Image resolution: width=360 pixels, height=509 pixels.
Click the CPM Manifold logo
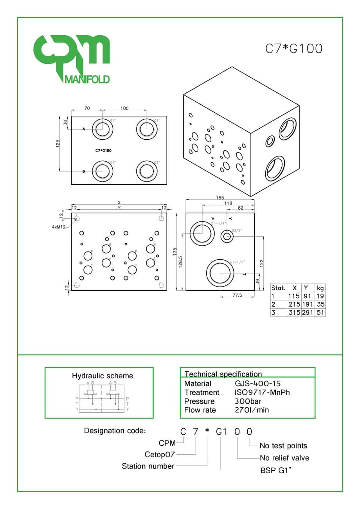pyautogui.click(x=71, y=59)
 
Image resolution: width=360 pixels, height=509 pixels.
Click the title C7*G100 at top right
pyautogui.click(x=294, y=49)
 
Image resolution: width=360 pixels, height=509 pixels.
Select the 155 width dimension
pyautogui.click(x=220, y=198)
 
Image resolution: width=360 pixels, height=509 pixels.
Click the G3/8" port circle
pyautogui.click(x=226, y=236)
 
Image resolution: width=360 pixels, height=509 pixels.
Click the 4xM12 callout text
pyautogui.click(x=58, y=227)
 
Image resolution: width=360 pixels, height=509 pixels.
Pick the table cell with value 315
pyautogui.click(x=293, y=312)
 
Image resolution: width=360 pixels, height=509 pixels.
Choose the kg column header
pyautogui.click(x=320, y=288)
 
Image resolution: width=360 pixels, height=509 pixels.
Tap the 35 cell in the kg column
pyautogui.click(x=320, y=304)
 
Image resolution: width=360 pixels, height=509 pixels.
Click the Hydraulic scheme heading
pyautogui.click(x=103, y=376)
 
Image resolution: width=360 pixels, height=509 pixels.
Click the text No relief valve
pyautogui.click(x=284, y=458)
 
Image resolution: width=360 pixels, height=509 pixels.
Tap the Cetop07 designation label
pyautogui.click(x=160, y=454)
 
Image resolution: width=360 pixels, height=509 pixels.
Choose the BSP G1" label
pyautogui.click(x=276, y=470)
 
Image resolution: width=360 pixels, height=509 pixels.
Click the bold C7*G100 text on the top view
pyautogui.click(x=105, y=150)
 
